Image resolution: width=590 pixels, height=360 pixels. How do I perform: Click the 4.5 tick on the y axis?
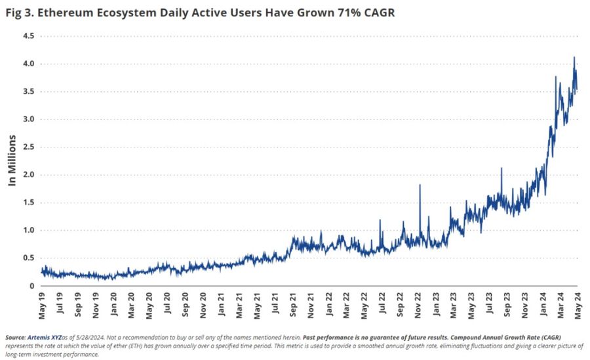[28, 36]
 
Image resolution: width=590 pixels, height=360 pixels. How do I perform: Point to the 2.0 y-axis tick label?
[28, 174]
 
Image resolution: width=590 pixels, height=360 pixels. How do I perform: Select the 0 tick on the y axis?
[31, 286]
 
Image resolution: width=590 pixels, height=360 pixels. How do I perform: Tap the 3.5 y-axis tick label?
[28, 92]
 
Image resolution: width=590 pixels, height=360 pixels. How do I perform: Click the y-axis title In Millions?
[12, 161]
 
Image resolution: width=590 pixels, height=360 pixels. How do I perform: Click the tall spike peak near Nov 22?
[420, 186]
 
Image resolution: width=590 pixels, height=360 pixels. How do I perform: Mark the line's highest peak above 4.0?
[574, 57]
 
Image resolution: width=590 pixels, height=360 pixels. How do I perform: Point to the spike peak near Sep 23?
[501, 169]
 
